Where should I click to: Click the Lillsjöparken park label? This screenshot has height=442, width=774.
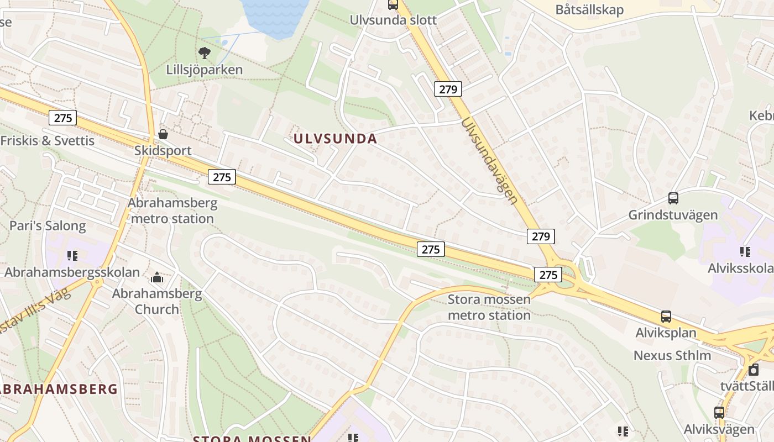coord(204,70)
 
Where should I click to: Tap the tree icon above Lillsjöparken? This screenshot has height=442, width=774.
coord(205,53)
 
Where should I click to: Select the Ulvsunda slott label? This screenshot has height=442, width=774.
coord(393,20)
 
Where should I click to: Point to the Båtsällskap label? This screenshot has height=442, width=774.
coord(589,9)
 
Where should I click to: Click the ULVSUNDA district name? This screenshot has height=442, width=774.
coord(335,139)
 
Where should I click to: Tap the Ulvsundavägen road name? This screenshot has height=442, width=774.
coord(489,160)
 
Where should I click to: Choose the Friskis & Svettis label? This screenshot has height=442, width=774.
coord(48,141)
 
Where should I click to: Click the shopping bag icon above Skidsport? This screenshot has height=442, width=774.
coord(163,134)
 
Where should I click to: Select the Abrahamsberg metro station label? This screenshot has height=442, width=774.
coord(172,211)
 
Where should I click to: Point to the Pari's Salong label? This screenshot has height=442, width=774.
coord(48,226)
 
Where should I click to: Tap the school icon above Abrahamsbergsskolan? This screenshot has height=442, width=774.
coord(72,255)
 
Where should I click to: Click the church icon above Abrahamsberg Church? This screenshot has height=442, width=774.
coord(157,277)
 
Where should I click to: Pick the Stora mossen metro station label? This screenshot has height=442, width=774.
coord(489,308)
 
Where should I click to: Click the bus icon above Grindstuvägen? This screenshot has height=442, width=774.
coord(673,198)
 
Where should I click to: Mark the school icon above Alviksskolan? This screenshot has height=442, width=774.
coord(745,252)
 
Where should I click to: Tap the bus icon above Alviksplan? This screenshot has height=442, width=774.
coord(666,317)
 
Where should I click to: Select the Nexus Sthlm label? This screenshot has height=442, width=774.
coord(672,355)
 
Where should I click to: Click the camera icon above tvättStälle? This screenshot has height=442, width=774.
coord(753,370)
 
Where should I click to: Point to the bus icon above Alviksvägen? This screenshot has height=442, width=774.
coord(719,412)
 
